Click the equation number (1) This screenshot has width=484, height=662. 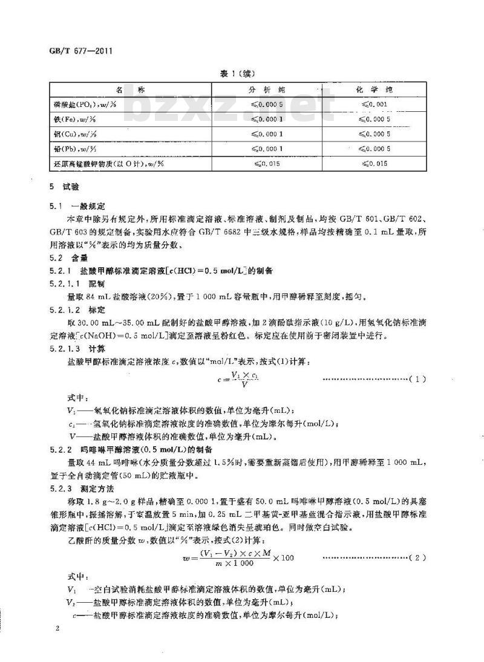(417, 378)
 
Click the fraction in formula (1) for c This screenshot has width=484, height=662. (229, 379)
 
